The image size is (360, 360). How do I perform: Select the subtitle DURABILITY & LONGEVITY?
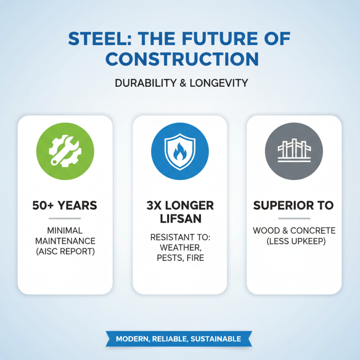(x=180, y=83)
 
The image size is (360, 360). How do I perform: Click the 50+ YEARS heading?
(x=65, y=206)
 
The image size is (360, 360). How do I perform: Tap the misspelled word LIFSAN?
(x=180, y=219)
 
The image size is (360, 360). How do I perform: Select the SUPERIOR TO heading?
(x=294, y=206)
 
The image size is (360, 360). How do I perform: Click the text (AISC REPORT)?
(x=65, y=251)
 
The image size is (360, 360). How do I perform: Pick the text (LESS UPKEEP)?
(x=294, y=241)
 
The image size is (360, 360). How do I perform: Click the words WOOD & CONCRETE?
(x=294, y=230)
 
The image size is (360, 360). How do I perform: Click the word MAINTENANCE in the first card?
(x=65, y=241)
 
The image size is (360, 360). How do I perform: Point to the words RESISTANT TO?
(x=180, y=237)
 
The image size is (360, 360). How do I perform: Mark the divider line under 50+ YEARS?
(x=65, y=218)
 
